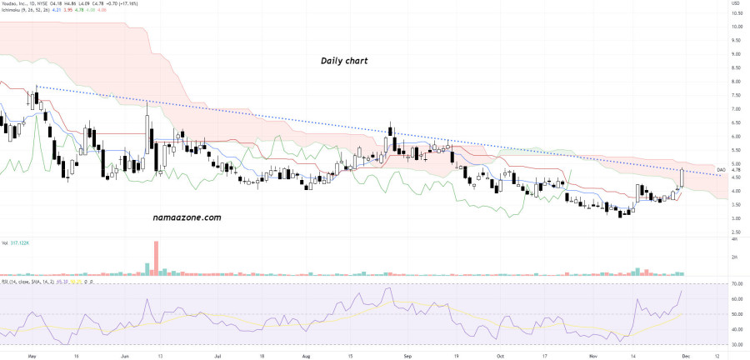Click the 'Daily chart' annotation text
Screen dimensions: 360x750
(344, 62)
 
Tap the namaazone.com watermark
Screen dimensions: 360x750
(187, 217)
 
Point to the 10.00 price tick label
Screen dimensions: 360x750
(736, 27)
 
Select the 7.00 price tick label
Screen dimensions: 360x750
(736, 109)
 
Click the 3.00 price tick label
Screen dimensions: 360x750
(736, 218)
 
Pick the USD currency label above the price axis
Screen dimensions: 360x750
(736, 3)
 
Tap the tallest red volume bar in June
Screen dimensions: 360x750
(155, 257)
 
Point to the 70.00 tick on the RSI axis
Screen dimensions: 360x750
(736, 285)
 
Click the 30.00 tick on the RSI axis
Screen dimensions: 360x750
(736, 342)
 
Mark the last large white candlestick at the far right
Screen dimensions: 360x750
(682, 177)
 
